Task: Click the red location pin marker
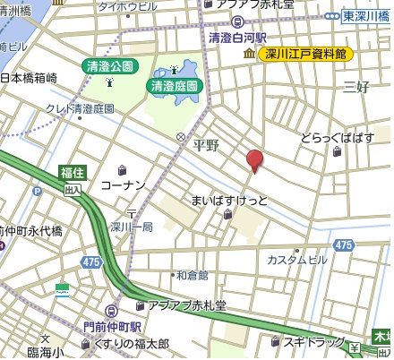tap(255, 160)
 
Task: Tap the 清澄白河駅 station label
tap(238, 39)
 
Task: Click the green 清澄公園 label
tap(108, 66)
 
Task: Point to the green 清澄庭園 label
tap(175, 87)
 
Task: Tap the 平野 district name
tap(206, 145)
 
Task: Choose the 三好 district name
tap(356, 87)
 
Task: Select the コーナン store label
tap(123, 184)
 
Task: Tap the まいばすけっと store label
tap(225, 200)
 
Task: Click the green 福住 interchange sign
tap(73, 172)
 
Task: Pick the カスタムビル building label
tap(297, 260)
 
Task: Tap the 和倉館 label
tap(192, 275)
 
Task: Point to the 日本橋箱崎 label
tap(29, 79)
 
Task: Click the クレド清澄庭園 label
tap(81, 108)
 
